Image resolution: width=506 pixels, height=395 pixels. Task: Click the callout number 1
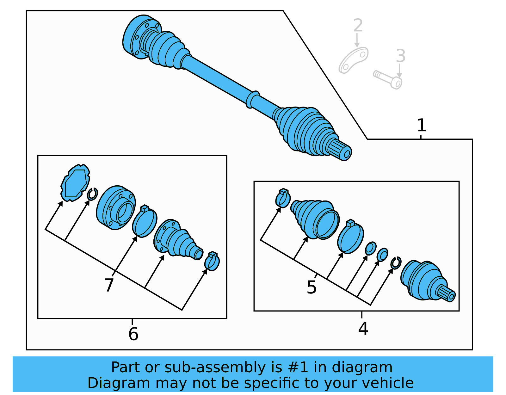(421, 126)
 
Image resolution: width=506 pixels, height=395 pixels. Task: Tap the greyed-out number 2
(358, 25)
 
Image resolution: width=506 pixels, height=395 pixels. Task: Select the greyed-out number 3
(400, 56)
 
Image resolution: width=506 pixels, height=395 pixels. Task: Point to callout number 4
(363, 329)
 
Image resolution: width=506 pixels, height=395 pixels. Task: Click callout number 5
(312, 287)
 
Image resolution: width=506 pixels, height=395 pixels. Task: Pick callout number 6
(133, 334)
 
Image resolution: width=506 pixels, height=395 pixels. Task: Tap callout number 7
(109, 285)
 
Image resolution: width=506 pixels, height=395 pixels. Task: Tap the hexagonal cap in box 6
(75, 183)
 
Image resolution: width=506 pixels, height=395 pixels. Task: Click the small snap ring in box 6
(92, 194)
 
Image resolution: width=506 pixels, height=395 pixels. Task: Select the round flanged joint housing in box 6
(116, 207)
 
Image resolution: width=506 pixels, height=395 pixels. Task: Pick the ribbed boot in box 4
(315, 219)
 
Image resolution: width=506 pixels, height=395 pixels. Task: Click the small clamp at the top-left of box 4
(283, 199)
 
